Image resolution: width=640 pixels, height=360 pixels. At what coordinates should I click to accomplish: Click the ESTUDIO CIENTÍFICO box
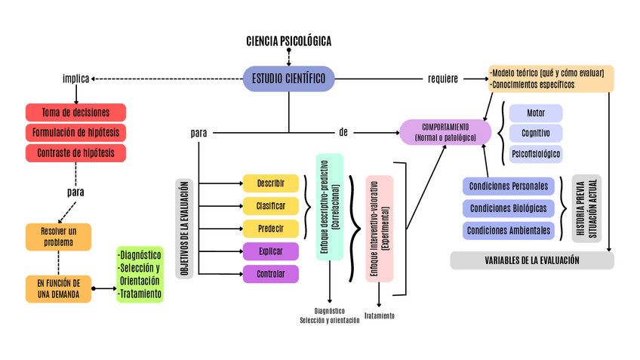click(288, 78)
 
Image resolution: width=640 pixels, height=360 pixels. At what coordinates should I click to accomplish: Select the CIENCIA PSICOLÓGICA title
click(288, 41)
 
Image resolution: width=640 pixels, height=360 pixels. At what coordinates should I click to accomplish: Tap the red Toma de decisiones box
click(75, 112)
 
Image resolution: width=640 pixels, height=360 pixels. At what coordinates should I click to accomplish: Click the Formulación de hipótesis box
click(75, 133)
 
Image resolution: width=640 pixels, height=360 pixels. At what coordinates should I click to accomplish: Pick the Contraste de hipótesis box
click(75, 153)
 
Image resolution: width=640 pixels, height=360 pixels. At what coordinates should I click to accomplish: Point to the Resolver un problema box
click(58, 237)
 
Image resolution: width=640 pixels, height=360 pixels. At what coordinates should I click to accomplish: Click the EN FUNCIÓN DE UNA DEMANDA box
click(58, 288)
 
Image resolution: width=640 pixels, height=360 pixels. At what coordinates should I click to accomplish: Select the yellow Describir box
click(270, 183)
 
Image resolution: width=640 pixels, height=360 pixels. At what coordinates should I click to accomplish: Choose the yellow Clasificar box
click(270, 206)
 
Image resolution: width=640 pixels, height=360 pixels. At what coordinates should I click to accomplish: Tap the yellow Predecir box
click(270, 229)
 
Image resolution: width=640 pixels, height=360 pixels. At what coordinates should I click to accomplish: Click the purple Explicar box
click(270, 251)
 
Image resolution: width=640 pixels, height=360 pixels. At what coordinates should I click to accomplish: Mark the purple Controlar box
click(270, 274)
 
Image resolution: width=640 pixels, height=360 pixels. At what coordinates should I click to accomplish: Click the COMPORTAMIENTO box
click(445, 132)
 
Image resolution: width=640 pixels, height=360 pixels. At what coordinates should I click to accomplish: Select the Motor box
click(536, 113)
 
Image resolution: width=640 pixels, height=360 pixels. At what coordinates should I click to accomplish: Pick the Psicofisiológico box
click(536, 154)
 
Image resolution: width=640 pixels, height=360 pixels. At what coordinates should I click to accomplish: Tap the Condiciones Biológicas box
click(509, 208)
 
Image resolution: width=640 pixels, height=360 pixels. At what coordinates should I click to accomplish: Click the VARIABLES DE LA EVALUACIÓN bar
click(532, 260)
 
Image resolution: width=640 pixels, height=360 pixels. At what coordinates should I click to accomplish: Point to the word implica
click(76, 78)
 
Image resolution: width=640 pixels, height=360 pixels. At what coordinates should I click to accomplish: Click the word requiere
click(443, 78)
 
